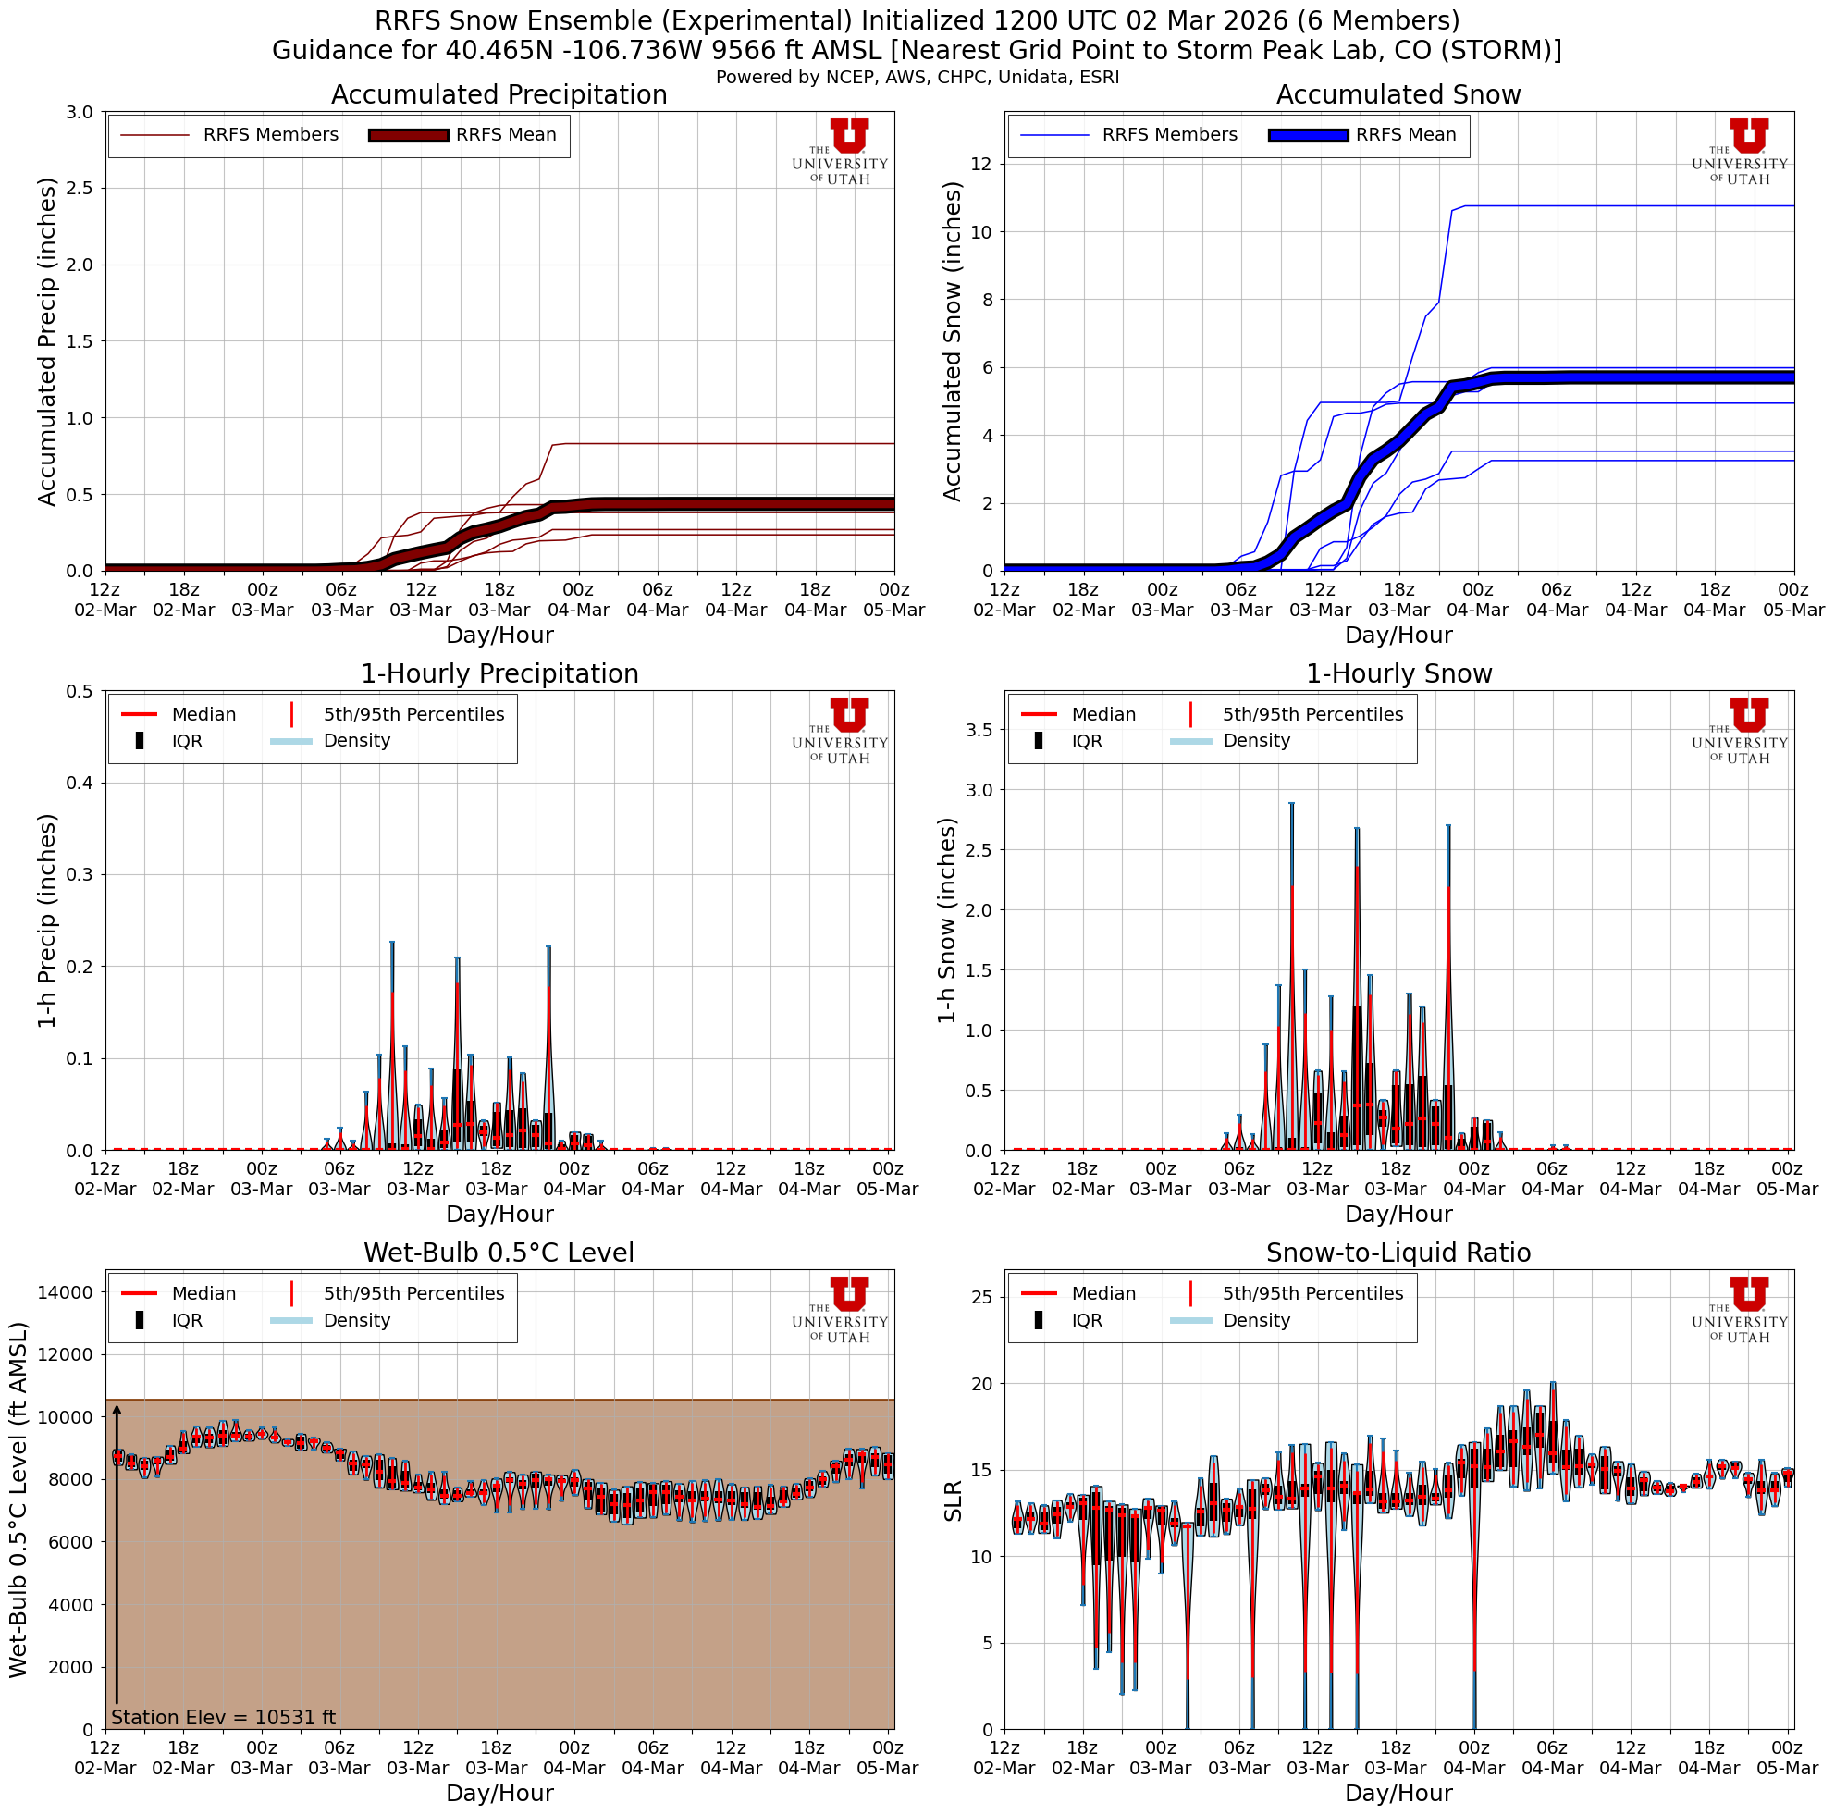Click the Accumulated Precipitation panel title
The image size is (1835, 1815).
(499, 95)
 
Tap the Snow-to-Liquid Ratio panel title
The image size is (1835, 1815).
(1398, 1253)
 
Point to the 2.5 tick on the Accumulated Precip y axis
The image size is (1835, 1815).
(80, 188)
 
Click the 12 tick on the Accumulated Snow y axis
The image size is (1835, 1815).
(979, 165)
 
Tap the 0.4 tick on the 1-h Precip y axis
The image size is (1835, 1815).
(80, 783)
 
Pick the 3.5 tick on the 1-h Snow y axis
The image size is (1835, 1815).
(979, 729)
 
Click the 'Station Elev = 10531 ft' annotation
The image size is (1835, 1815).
(223, 1717)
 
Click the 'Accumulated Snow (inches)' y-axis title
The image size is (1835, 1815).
(952, 341)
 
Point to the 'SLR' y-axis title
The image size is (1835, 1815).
(953, 1500)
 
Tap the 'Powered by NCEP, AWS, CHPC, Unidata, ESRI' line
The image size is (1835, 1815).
(917, 77)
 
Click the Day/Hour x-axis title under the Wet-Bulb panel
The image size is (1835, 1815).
(499, 1792)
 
